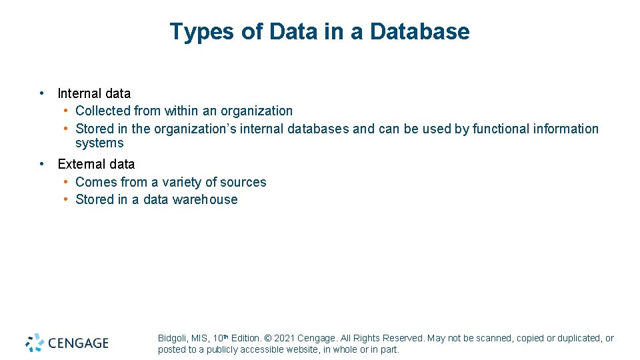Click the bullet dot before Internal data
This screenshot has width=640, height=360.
41,93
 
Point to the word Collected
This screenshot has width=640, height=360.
103,111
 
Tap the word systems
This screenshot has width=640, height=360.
99,143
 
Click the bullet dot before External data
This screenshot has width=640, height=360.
41,163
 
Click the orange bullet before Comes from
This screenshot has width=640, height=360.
67,181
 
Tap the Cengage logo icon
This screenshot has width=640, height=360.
35,343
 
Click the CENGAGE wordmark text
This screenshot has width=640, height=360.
77,343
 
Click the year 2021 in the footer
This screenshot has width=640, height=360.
285,339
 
